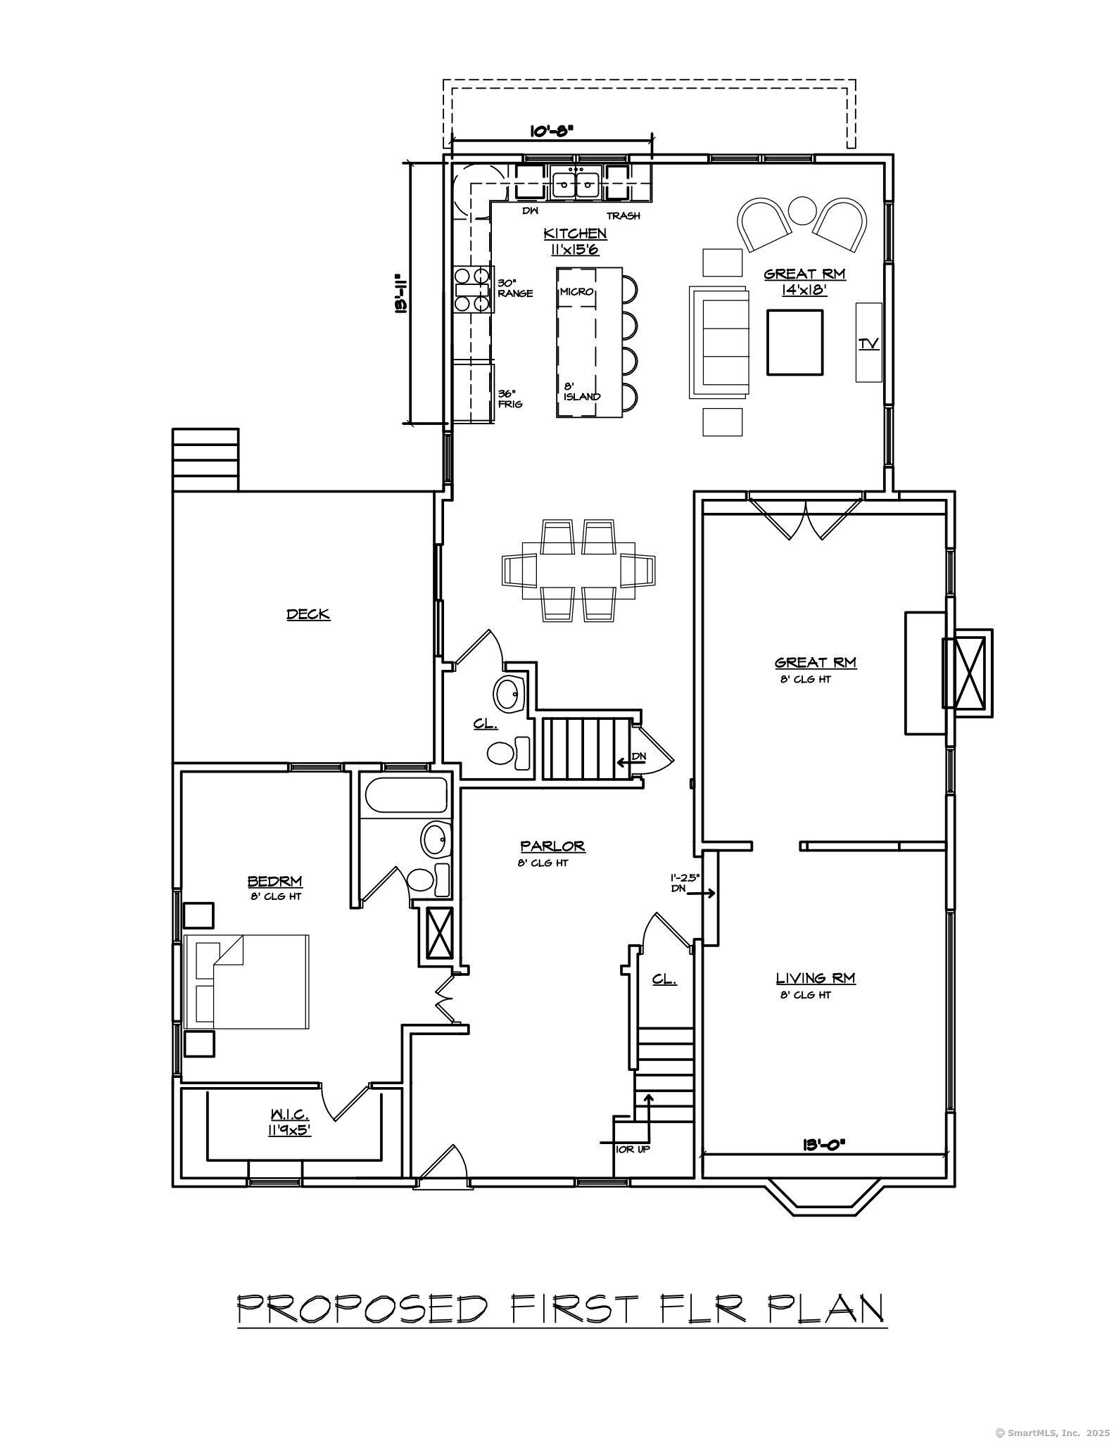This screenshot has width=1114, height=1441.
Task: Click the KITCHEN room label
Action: click(x=575, y=233)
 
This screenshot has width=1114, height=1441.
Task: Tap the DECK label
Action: click(x=308, y=614)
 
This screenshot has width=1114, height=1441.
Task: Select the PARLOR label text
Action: click(x=552, y=846)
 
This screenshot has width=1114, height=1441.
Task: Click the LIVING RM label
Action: click(x=815, y=978)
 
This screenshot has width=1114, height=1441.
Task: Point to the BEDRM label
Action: click(x=274, y=881)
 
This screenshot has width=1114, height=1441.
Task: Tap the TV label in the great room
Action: click(x=868, y=343)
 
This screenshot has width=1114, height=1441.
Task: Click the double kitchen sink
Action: click(x=575, y=184)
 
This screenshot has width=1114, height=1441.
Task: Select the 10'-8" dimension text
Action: click(x=551, y=131)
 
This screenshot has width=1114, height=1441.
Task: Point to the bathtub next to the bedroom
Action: click(x=406, y=795)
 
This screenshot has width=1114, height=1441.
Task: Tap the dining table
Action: click(x=578, y=570)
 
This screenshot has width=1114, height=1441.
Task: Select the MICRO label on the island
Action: click(x=577, y=291)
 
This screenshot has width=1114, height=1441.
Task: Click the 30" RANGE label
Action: click(x=514, y=288)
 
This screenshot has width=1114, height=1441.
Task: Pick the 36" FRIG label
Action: click(x=509, y=399)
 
